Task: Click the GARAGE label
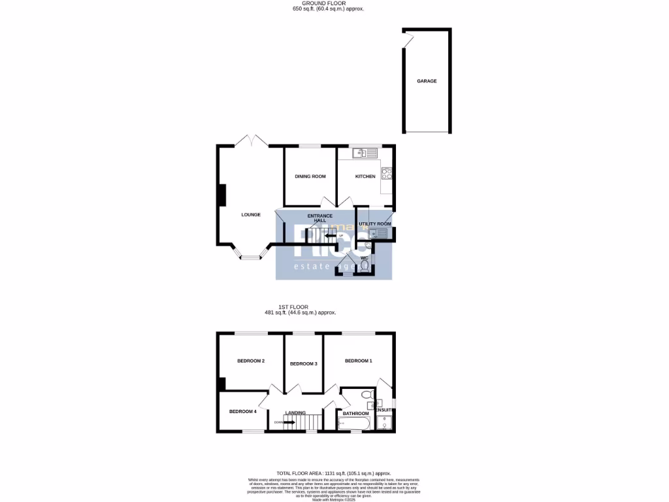click(427, 81)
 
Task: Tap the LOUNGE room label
click(251, 214)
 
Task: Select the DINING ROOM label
click(310, 176)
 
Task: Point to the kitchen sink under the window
click(365, 154)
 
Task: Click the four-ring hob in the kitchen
click(386, 174)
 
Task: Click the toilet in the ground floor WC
click(365, 265)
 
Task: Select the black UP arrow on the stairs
click(331, 236)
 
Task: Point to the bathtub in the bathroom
click(353, 424)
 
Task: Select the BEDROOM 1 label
click(358, 361)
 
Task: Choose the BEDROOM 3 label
click(303, 363)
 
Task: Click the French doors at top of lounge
click(251, 141)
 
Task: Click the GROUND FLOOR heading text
click(328, 3)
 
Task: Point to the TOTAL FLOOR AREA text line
click(334, 473)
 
